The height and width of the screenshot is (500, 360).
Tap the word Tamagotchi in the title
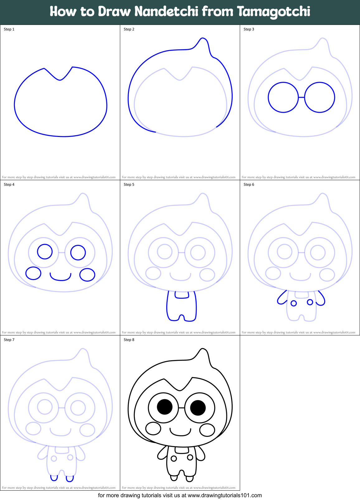[273, 12]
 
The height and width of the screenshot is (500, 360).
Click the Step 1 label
[9, 29]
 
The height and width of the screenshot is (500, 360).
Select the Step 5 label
[129, 185]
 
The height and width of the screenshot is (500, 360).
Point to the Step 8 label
[129, 340]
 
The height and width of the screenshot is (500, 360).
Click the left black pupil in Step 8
[165, 407]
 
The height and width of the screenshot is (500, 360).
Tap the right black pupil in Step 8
[198, 408]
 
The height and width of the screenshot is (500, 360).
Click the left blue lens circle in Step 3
[283, 97]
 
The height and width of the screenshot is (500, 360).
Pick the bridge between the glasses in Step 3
[301, 97]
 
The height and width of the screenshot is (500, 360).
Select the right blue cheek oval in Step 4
[87, 275]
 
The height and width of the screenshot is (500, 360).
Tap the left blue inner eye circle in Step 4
[45, 251]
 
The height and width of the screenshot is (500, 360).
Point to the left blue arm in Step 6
[281, 298]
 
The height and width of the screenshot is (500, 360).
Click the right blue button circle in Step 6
[310, 302]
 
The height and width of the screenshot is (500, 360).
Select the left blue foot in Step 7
[54, 478]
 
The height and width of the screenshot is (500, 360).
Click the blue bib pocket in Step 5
[182, 295]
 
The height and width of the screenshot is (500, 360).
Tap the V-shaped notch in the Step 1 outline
[60, 80]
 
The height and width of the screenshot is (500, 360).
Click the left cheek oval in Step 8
[153, 428]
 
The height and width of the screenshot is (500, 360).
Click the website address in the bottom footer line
[225, 495]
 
